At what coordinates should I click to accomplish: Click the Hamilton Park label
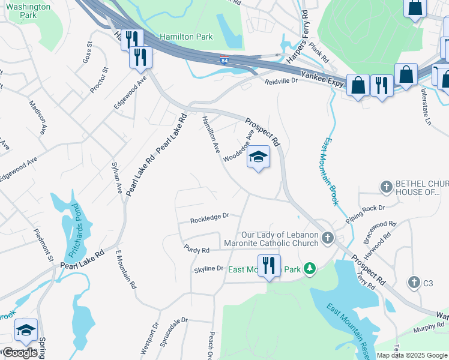pos(186,37)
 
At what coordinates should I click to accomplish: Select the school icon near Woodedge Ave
pos(259,157)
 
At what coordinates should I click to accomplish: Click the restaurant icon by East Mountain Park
pos(269,266)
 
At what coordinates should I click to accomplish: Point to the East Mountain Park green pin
pos(310,268)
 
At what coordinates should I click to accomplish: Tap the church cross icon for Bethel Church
pos(387,187)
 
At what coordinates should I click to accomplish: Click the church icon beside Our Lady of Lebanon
pos(328,238)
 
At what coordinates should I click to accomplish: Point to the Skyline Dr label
pos(208,269)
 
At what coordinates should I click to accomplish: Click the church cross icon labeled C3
pos(414,283)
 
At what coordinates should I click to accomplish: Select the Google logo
pos(20,353)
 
